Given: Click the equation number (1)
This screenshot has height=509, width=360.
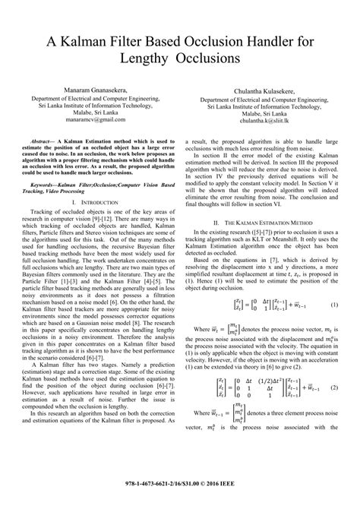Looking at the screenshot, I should (333, 283).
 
